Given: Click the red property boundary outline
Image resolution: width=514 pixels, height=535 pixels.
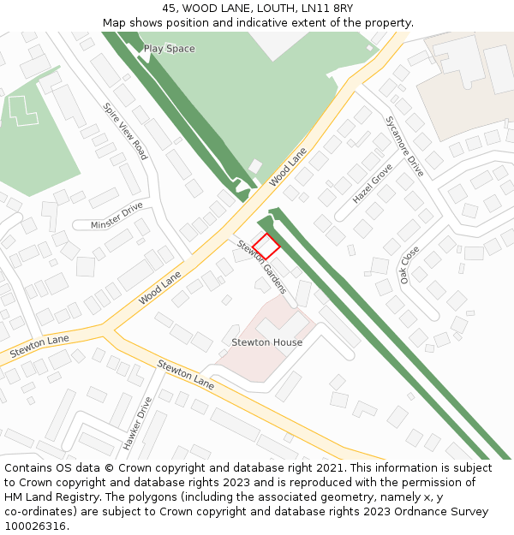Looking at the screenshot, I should (266, 246).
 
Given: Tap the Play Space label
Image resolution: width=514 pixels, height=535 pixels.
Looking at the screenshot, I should (169, 49).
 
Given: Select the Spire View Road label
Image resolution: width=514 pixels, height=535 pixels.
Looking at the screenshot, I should (125, 131).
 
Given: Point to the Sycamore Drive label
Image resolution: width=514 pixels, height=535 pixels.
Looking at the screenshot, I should (404, 146).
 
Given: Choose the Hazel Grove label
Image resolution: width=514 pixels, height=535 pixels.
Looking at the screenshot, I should (372, 183).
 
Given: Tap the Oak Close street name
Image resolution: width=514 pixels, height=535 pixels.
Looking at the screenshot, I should (410, 265).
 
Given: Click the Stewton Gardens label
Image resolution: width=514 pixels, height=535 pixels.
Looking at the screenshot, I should (261, 266).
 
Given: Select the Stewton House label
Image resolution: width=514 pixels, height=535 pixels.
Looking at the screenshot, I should (266, 342).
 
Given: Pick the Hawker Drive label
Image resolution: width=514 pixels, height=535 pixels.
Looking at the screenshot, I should (137, 422).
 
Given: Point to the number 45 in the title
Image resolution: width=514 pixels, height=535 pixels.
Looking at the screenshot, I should (170, 9).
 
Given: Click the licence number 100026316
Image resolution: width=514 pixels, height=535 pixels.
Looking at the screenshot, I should (33, 526).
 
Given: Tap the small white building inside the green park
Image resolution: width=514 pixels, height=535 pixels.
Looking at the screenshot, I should (255, 166).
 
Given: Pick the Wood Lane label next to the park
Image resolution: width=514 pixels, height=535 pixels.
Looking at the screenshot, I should (288, 167).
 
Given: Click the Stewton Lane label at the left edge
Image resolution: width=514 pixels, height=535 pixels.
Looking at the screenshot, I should (39, 346).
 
